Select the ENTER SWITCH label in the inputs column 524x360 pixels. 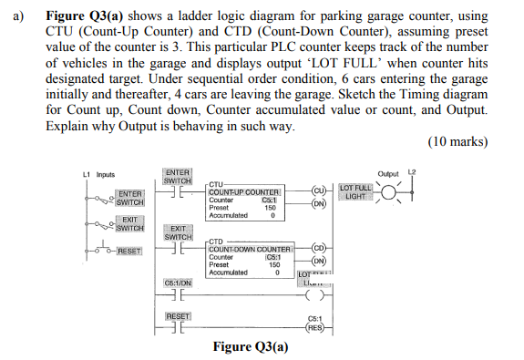[x=129, y=197]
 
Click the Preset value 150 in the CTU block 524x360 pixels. [x=271, y=207]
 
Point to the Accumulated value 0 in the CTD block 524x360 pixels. [x=276, y=272]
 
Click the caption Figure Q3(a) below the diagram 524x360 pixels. [x=249, y=347]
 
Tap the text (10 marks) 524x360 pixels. [x=457, y=142]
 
